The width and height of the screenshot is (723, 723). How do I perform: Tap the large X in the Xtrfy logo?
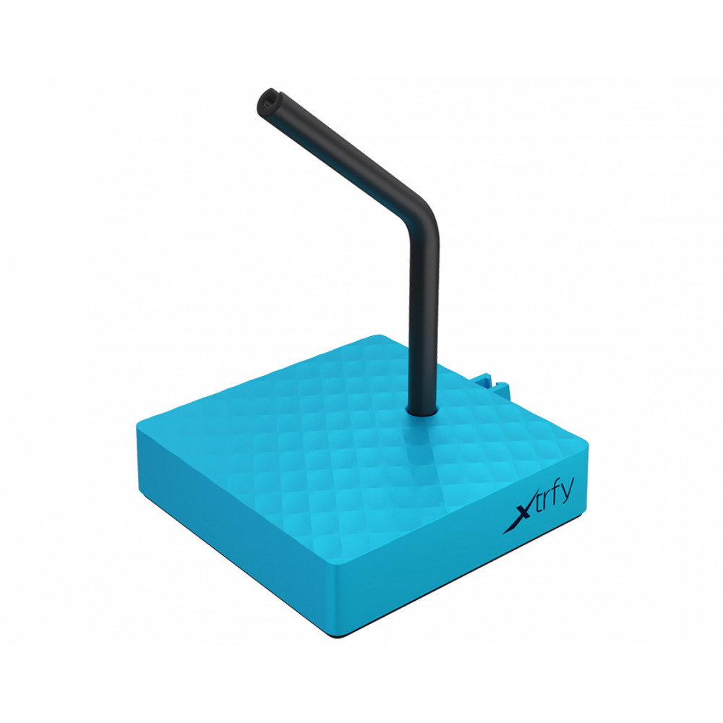(x=515, y=515)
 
